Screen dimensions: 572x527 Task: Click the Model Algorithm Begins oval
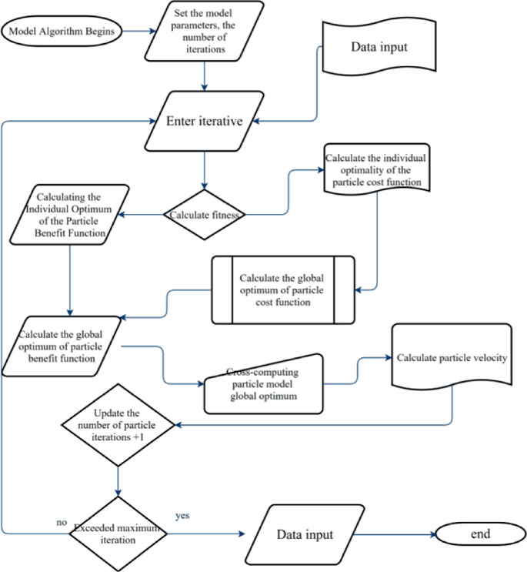tap(62, 33)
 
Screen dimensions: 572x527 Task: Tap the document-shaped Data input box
tap(379, 48)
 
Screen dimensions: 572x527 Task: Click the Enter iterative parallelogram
tap(204, 122)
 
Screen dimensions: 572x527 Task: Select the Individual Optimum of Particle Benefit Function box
tap(69, 216)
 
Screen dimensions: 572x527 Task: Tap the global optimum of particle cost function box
tap(282, 291)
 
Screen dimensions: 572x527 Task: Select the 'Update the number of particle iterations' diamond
tap(118, 424)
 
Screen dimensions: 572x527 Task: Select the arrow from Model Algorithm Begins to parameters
tap(132, 32)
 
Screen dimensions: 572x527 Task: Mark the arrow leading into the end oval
tap(396, 533)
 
